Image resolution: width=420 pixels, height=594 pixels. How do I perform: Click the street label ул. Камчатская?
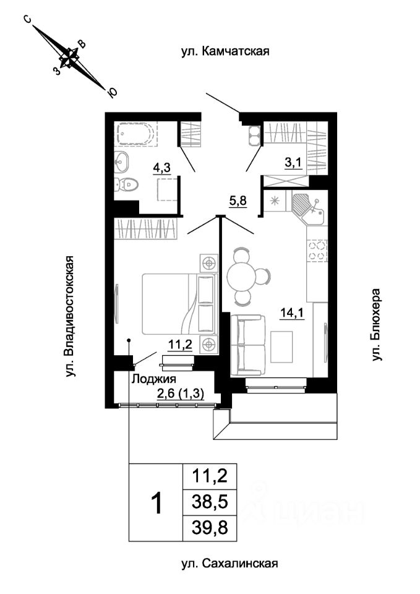225,51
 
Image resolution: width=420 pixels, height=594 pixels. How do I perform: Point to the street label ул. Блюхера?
375,325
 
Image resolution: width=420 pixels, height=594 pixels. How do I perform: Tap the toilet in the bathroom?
127,185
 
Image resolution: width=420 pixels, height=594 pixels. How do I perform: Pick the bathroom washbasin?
122,163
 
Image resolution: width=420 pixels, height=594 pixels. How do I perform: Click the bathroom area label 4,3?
161,168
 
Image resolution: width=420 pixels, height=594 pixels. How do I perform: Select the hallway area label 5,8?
238,200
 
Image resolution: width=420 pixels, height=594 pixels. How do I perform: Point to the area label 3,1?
293,163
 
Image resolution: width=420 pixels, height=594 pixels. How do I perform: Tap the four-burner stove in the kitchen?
317,251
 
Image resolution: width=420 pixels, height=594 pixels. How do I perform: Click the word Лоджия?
153,379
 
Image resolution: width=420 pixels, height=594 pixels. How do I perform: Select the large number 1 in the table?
156,502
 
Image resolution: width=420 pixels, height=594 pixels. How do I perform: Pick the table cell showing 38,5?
210,502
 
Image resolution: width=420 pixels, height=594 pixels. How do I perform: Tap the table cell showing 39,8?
210,528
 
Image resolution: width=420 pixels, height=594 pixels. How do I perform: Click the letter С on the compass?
28,19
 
